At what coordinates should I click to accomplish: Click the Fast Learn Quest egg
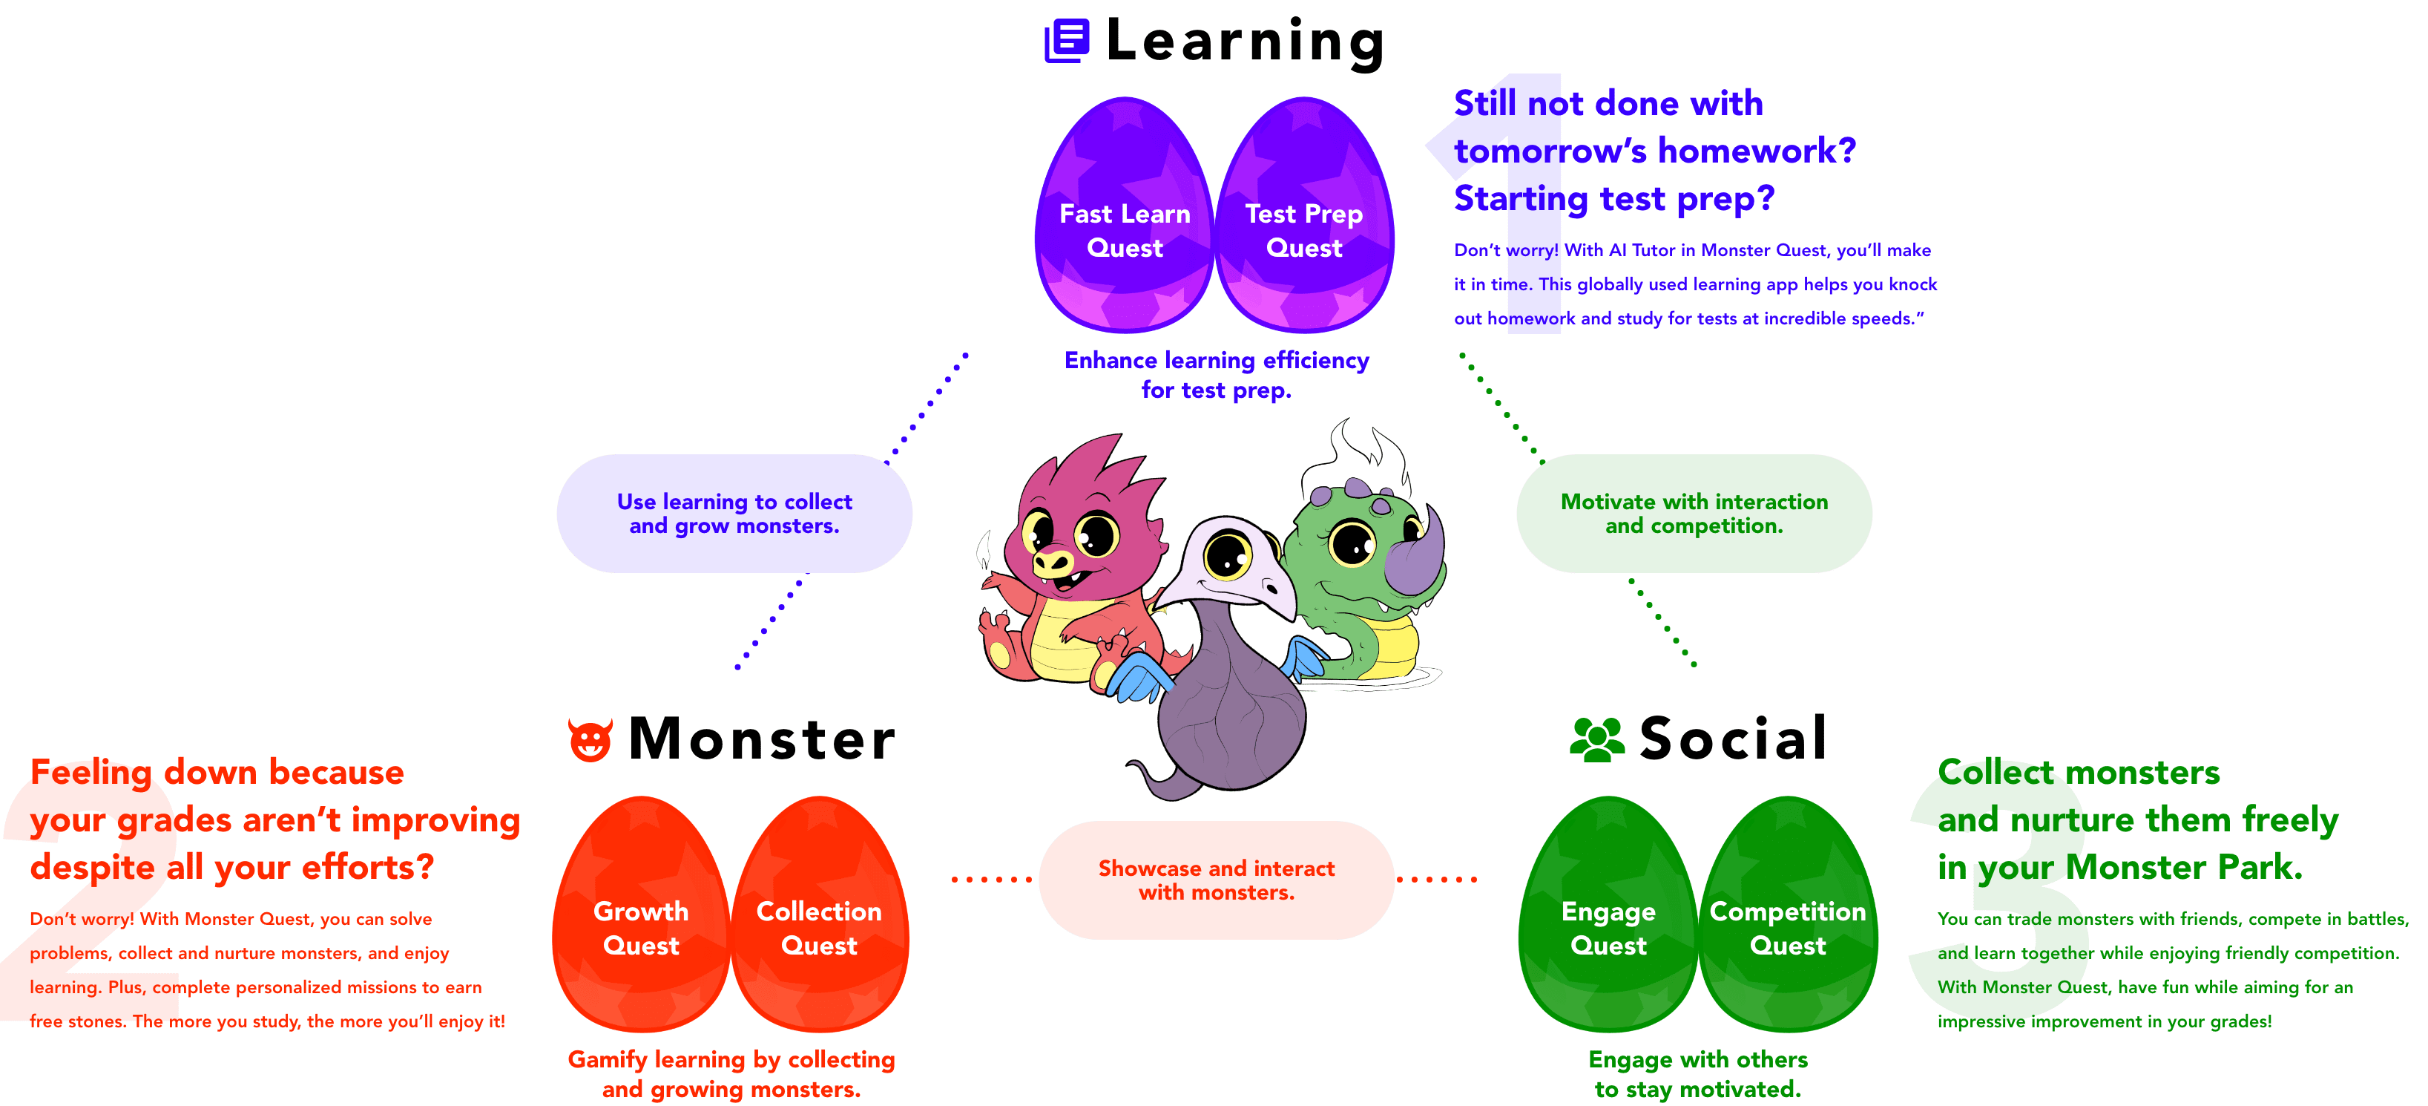point(1124,217)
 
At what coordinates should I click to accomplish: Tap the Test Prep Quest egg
point(1304,217)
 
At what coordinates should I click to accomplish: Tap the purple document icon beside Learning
point(1067,42)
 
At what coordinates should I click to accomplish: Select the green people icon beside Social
point(1596,739)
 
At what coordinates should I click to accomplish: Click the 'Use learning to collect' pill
point(734,514)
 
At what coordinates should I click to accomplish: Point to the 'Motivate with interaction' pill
point(1694,514)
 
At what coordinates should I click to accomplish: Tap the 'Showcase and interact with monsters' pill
point(1216,880)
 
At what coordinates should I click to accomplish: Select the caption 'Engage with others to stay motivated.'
point(1697,1074)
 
